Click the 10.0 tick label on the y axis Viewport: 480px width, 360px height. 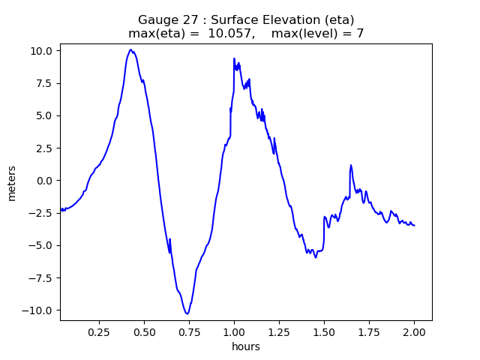(x=41, y=51)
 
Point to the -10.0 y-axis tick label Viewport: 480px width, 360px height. (x=39, y=310)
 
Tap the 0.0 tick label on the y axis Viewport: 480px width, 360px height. (x=43, y=181)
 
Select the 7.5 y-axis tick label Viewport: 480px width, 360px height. (x=43, y=83)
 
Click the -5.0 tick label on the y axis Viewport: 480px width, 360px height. (x=41, y=245)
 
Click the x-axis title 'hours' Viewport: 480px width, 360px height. (x=246, y=346)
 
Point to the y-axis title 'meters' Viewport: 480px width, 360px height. (x=12, y=181)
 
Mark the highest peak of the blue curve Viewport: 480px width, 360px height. (x=130, y=49)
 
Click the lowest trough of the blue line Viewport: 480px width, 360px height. (x=187, y=313)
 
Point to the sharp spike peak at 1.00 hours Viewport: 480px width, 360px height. (x=234, y=58)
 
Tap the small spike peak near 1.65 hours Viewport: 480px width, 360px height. (x=350, y=165)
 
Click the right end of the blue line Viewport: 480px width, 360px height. (x=414, y=226)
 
